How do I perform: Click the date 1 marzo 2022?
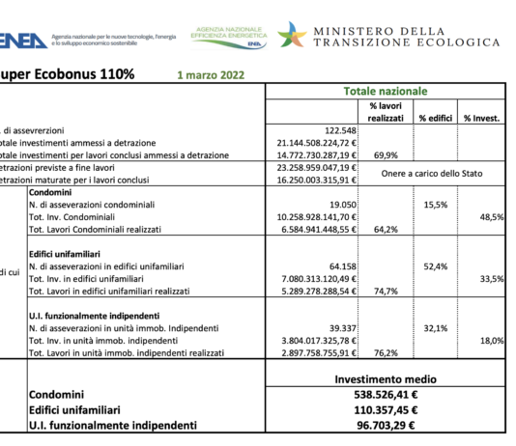[211, 73]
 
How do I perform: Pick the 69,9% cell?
[386, 154]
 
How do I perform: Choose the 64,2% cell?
[386, 230]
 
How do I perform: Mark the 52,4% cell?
[435, 266]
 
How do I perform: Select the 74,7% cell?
[386, 291]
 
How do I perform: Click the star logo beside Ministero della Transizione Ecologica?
[292, 34]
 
